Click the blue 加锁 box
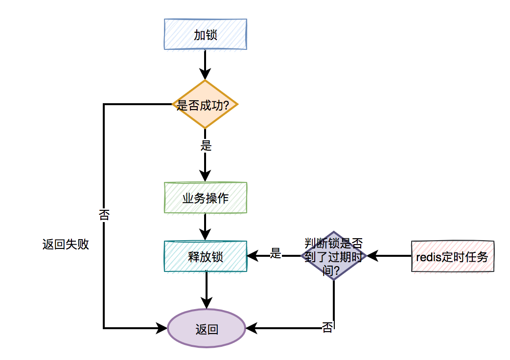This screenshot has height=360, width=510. coord(205,34)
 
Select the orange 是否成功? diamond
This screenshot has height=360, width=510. coord(205,105)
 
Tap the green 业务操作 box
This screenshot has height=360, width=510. coord(205,198)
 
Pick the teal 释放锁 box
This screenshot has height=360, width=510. coord(205,256)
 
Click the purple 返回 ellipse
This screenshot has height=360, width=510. coord(206,329)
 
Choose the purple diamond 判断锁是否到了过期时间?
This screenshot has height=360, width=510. coord(334,255)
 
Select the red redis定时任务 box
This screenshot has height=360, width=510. coord(452,256)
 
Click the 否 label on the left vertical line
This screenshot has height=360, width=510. coord(104,215)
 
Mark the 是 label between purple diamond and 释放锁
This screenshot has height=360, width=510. coord(276,253)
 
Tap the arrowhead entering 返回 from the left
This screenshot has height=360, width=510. coord(162,328)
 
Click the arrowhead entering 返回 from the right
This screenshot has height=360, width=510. coord(251,328)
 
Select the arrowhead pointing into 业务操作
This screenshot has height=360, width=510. coord(205,176)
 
